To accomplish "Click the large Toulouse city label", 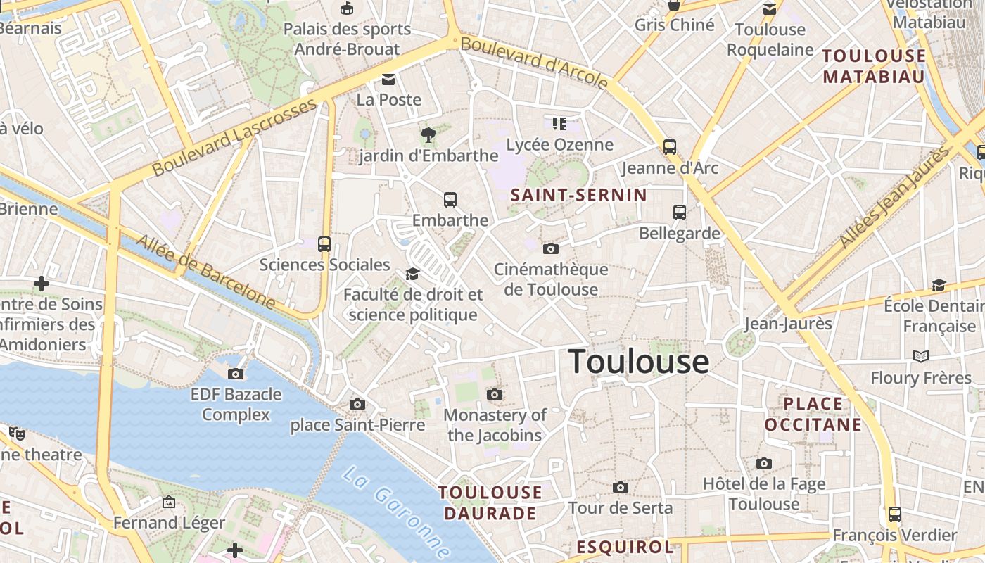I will [638, 362].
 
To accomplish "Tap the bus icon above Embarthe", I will [450, 200].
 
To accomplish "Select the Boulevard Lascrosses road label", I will [235, 138].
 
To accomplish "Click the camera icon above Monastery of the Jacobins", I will [495, 394].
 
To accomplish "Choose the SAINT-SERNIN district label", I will [578, 195].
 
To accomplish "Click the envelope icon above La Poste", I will [388, 79].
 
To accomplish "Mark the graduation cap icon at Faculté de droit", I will [412, 274].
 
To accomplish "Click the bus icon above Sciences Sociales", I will [324, 244].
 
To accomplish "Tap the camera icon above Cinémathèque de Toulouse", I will [551, 248].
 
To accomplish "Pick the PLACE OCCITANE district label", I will [813, 414].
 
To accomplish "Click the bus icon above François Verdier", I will [894, 514].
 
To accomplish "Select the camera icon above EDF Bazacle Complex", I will [236, 374].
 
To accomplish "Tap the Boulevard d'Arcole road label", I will [534, 63].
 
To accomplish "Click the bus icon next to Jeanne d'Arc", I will [670, 147].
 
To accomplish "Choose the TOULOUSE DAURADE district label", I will [490, 502].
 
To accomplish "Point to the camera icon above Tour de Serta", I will [620, 487].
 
